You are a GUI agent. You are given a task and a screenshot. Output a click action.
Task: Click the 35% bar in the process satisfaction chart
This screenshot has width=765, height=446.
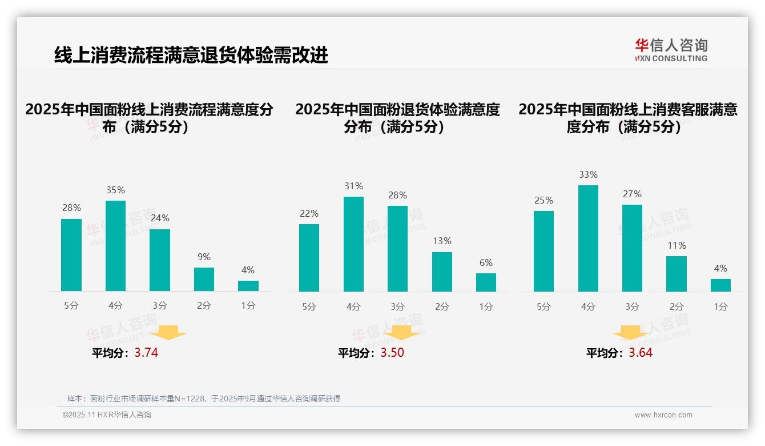(x=115, y=246)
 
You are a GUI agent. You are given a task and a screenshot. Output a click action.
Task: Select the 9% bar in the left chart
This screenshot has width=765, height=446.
(x=204, y=280)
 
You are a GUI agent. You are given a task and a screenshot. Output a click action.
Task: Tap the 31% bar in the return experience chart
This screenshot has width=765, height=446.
(x=353, y=244)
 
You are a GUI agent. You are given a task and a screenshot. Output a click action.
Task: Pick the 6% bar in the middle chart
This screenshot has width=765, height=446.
(x=486, y=282)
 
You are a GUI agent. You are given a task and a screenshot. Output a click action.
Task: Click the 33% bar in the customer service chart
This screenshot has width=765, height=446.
(x=588, y=238)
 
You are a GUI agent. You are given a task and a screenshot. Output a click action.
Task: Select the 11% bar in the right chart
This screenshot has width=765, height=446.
(x=677, y=274)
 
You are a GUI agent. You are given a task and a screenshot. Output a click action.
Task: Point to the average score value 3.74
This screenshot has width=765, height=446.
(x=146, y=353)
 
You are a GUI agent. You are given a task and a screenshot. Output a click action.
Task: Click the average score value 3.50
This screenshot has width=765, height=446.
(x=392, y=353)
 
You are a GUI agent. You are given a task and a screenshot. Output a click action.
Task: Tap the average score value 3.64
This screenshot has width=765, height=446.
(x=641, y=353)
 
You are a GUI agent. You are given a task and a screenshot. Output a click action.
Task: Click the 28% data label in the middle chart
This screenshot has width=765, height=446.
(x=397, y=196)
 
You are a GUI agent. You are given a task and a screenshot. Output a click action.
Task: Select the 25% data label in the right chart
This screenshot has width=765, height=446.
(x=543, y=201)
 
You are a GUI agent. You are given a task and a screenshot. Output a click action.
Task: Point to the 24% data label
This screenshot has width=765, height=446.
(x=160, y=218)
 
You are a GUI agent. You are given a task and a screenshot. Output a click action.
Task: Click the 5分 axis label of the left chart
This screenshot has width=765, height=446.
(x=71, y=306)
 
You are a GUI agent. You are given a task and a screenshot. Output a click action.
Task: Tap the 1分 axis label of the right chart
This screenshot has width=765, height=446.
(x=720, y=307)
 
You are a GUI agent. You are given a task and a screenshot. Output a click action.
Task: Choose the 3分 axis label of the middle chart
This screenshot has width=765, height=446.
(x=397, y=307)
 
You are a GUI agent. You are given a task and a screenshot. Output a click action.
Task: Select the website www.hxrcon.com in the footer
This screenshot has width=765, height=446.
(x=663, y=415)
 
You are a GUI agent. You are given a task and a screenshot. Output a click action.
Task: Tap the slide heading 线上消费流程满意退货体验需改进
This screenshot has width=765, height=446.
(x=191, y=55)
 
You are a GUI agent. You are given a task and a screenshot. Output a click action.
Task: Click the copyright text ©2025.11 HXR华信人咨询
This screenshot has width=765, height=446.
(x=107, y=415)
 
